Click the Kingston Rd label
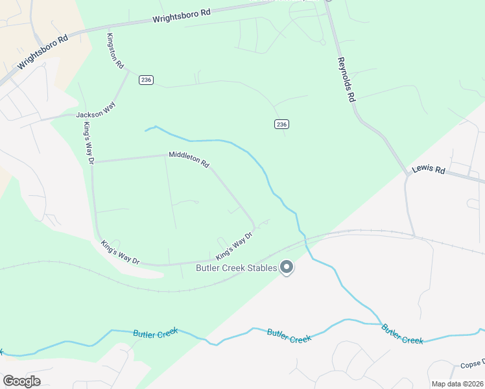pos(115,52)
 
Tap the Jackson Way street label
pos(90,115)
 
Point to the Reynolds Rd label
pos(347,80)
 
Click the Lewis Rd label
pos(431,171)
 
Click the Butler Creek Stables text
pos(237,267)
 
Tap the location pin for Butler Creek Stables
pos(287,267)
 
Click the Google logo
pos(21,381)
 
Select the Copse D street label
pos(473,366)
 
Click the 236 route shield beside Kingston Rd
pos(145,79)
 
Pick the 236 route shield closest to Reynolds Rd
pos(281,124)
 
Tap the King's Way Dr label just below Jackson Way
pos(89,143)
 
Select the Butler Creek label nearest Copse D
pos(402,335)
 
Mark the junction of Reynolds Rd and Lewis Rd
pos(408,175)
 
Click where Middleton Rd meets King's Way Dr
pos(95,160)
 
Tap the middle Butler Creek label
pos(289,336)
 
